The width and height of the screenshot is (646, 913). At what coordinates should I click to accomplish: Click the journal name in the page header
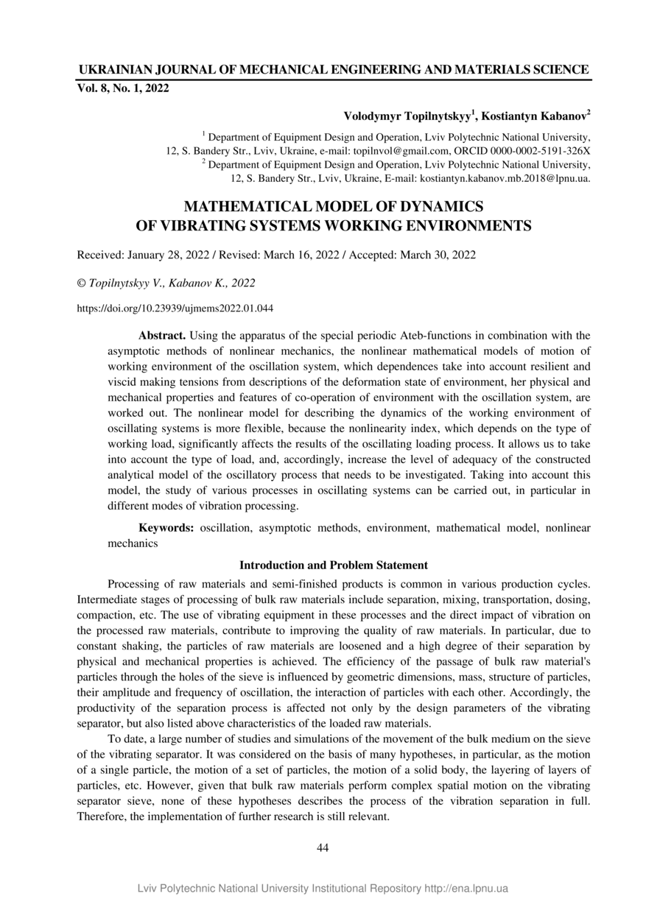pos(333,70)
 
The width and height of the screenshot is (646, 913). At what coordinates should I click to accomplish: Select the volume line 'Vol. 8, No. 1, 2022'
pos(123,89)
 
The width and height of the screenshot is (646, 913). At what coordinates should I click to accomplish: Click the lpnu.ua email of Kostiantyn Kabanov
pos(505,178)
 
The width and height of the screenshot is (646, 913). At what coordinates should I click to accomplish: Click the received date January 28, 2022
pos(169,255)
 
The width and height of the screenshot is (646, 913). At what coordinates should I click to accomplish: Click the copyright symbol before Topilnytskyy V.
pos(81,283)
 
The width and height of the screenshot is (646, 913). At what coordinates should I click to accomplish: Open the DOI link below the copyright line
pos(175,309)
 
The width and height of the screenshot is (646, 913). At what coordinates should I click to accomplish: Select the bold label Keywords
pos(166,528)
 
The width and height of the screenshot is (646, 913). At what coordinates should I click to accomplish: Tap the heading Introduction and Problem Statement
pos(334,565)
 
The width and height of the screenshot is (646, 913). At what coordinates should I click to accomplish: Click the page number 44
pos(323,847)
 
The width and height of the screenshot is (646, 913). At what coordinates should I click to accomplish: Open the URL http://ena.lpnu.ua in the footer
pos(466,888)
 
